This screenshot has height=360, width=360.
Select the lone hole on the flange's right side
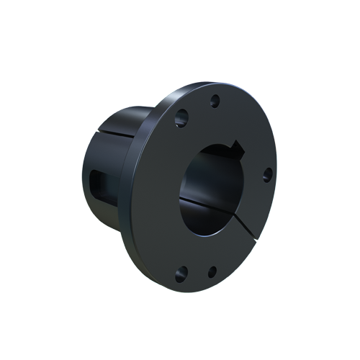[266, 174]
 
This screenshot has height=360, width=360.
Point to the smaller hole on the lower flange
[212, 271]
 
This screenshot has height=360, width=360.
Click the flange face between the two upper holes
[198, 108]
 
